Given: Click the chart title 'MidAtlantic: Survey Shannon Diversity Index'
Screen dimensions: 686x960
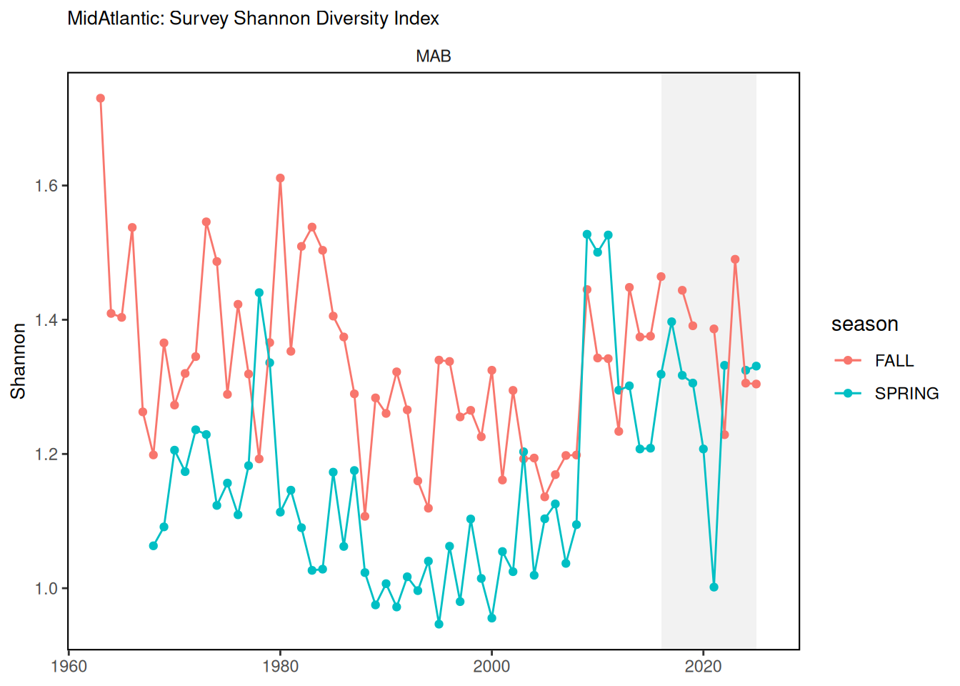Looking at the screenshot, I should click(253, 19).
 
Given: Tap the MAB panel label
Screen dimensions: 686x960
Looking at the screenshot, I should click(434, 56).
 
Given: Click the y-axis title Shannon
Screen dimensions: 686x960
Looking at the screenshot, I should click(18, 361).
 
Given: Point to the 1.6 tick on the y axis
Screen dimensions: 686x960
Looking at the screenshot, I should click(47, 186).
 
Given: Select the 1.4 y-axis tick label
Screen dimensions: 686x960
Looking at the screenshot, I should click(47, 320).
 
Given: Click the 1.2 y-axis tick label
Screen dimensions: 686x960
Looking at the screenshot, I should click(47, 454).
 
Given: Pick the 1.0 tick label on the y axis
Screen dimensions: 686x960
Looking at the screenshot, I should click(47, 589).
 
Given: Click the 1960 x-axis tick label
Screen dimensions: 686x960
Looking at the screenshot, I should click(69, 667).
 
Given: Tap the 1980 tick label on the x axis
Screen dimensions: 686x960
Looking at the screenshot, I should click(280, 667).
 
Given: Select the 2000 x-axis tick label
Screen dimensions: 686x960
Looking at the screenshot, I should click(491, 667).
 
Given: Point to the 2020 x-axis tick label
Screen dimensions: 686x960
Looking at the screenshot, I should click(703, 667).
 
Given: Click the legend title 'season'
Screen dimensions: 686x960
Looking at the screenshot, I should click(864, 324).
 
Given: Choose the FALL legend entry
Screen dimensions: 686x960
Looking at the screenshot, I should click(894, 361).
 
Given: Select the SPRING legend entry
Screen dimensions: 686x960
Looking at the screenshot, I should click(906, 394).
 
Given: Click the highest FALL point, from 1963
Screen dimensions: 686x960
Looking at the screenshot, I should click(101, 99).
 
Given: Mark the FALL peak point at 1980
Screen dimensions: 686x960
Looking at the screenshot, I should click(281, 178).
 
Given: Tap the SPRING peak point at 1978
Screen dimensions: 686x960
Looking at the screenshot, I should click(259, 293).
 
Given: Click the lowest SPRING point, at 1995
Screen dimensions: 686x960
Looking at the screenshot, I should click(439, 625).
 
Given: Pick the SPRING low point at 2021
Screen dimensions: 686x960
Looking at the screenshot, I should click(714, 587).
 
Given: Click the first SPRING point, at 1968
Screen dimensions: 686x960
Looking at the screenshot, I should click(154, 546).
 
